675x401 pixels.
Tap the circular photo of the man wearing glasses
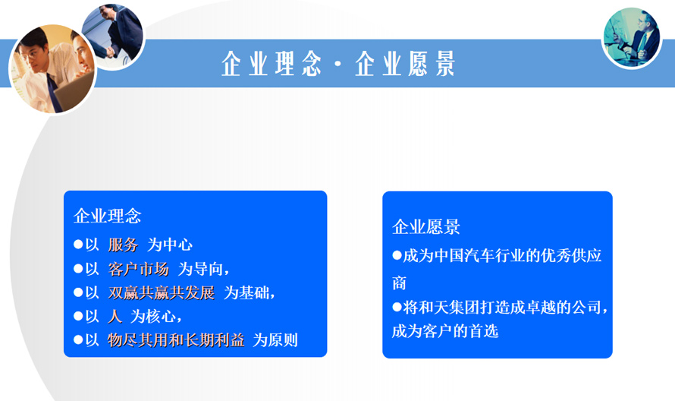point(632,38)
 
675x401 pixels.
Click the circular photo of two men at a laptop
point(52,69)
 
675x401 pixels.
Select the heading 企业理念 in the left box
point(107,216)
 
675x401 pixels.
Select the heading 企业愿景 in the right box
point(426,227)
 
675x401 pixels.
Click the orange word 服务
point(123,245)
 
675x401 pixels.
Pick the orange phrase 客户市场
point(138,269)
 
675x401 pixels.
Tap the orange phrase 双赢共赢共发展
point(162,292)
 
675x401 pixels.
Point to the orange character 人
point(115,317)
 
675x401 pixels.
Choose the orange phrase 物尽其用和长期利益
point(176,340)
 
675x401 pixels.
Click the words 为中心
point(170,245)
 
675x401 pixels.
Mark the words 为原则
point(275,340)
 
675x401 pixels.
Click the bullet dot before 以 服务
point(78,245)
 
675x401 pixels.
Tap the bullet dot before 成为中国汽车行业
point(397,255)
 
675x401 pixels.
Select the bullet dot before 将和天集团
point(397,307)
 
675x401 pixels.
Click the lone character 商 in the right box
point(399,283)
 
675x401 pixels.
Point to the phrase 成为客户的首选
point(445,331)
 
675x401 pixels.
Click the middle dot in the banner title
point(338,64)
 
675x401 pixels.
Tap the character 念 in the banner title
point(311,63)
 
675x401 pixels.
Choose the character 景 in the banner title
point(444,63)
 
